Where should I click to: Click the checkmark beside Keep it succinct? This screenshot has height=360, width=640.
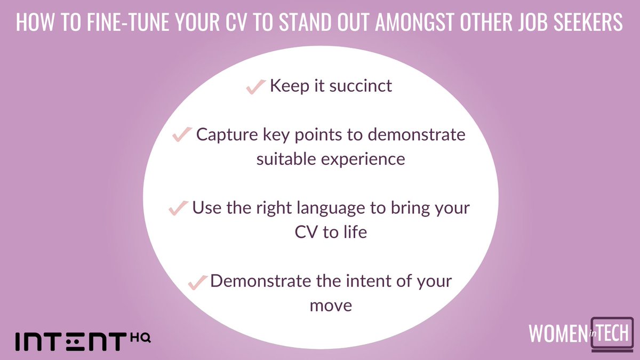tap(255, 87)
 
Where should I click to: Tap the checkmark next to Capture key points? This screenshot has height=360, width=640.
tap(182, 135)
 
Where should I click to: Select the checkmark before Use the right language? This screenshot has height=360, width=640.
tap(178, 209)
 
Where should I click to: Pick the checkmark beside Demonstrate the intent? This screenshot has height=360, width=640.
tap(198, 282)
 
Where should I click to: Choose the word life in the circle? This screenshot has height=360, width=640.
tap(353, 233)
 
